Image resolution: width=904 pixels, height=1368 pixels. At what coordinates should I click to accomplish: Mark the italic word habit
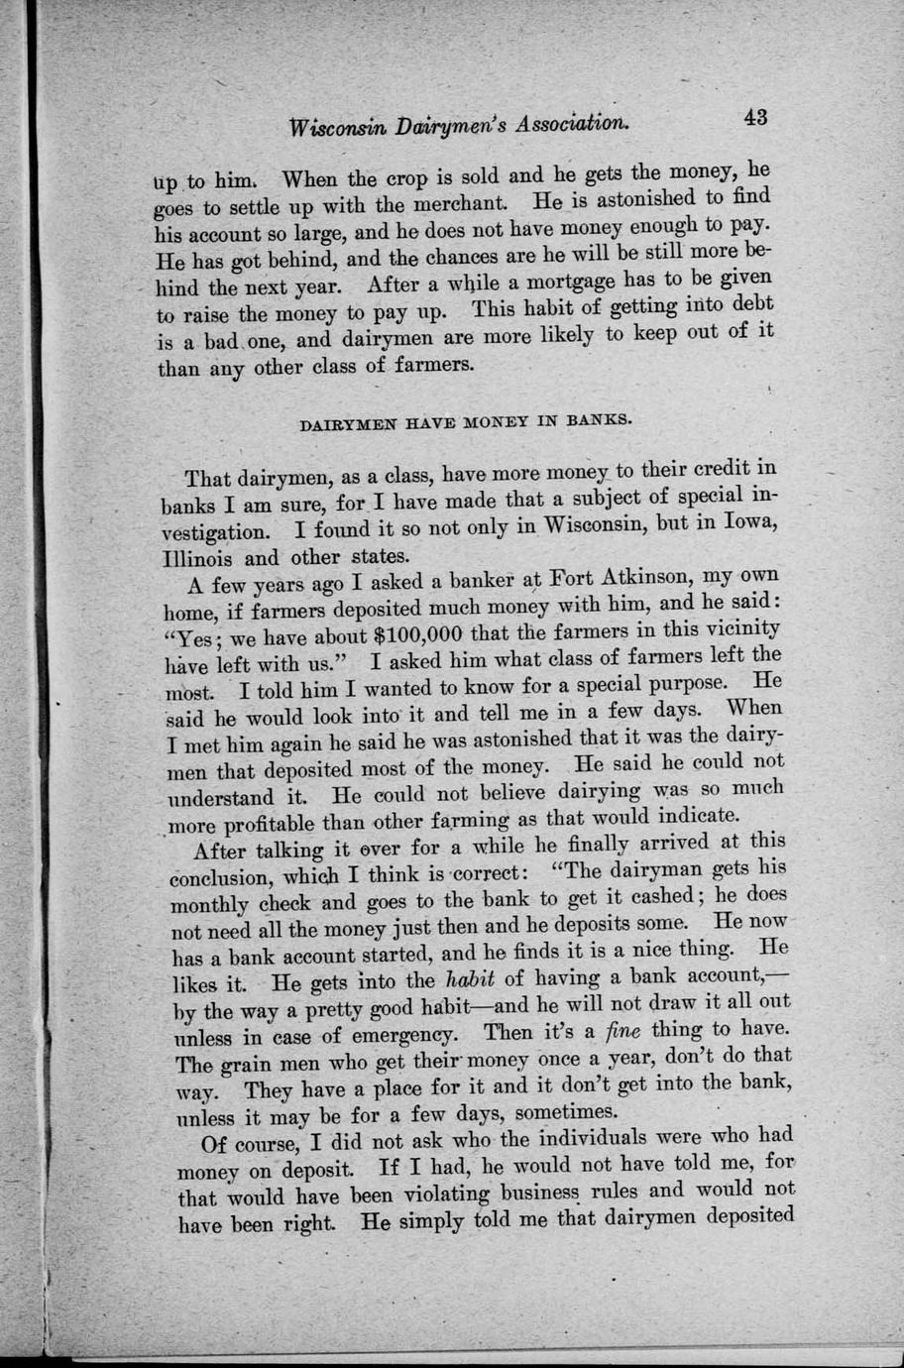468,980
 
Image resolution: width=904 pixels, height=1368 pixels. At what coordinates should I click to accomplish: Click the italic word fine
621,1030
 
